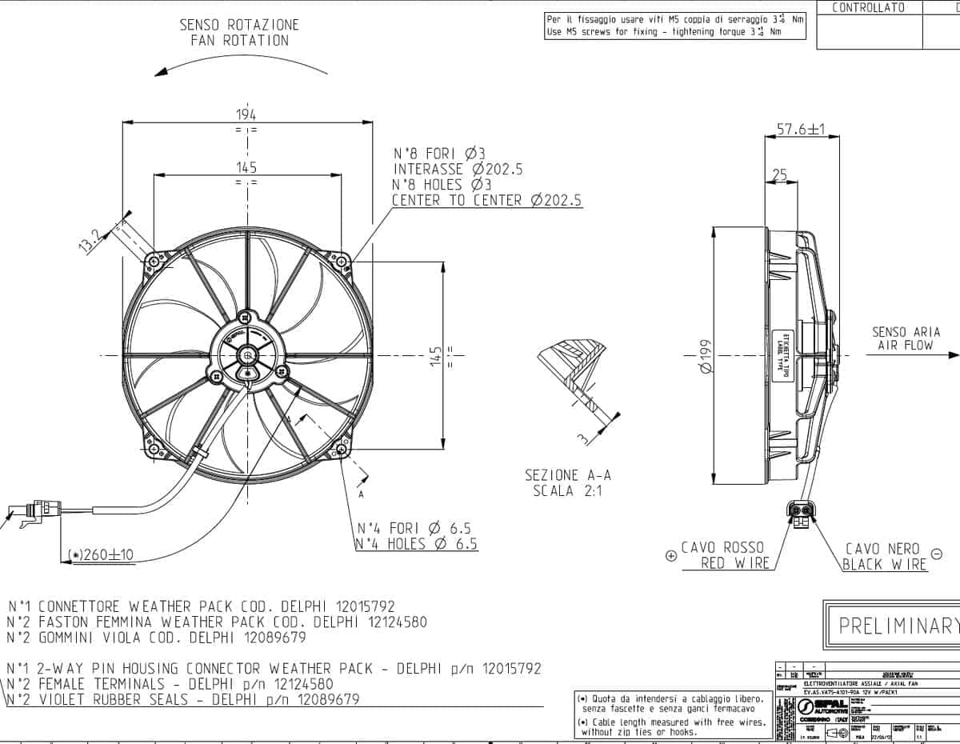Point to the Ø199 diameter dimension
(x=704, y=356)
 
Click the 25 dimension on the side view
(x=778, y=174)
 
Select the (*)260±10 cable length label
(x=101, y=554)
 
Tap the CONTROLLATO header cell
(x=868, y=8)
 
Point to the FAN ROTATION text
(x=239, y=41)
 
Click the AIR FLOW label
(x=906, y=346)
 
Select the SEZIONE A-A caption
(x=568, y=475)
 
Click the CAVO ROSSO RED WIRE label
(x=724, y=555)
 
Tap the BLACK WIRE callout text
(x=885, y=564)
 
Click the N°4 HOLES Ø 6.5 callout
(x=417, y=544)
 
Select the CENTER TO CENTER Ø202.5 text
(x=486, y=200)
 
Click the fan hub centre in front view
(x=248, y=354)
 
